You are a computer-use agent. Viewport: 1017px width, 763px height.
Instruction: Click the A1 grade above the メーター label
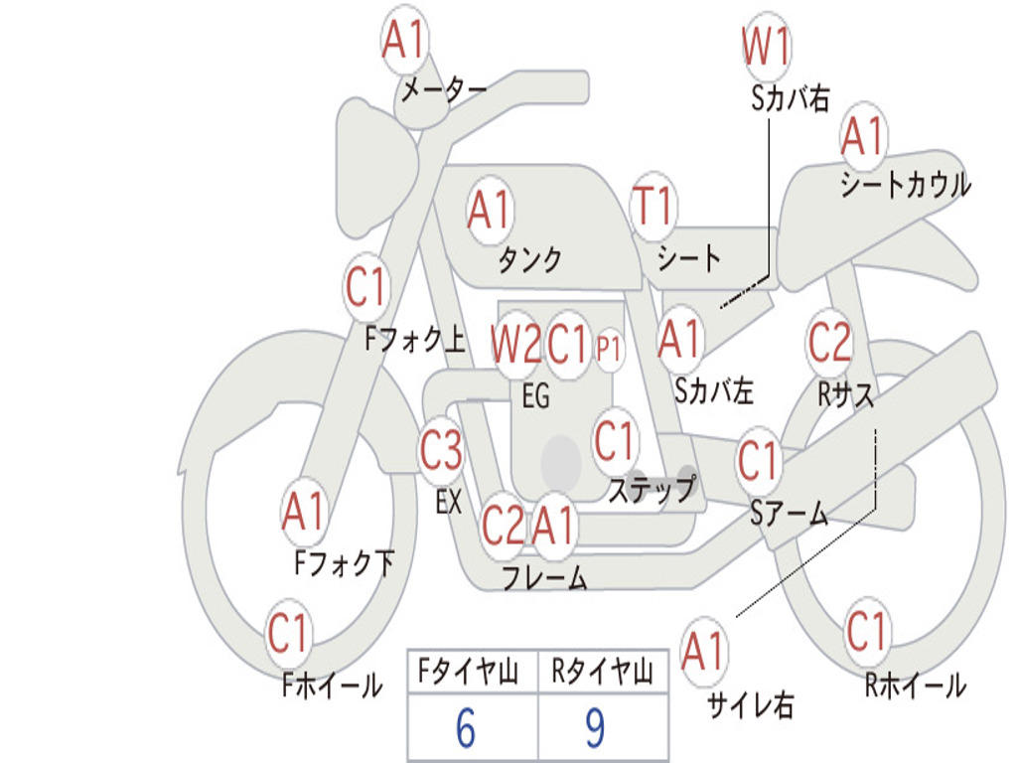tap(403, 40)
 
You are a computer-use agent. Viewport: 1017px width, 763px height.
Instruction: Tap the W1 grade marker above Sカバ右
tap(766, 46)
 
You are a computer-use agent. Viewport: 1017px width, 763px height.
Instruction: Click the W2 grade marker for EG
tap(516, 344)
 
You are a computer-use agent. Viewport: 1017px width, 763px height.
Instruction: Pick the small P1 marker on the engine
tap(609, 349)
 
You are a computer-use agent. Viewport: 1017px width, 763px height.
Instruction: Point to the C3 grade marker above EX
tap(441, 450)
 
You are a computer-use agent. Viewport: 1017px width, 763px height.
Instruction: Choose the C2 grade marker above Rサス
tap(829, 342)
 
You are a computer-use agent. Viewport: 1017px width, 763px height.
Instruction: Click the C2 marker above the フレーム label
tap(503, 525)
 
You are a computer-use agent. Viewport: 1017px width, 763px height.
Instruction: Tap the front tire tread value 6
tap(466, 728)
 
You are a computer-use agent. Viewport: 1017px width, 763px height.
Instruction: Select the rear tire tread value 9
tap(596, 728)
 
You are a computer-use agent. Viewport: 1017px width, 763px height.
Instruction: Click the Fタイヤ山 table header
tap(469, 671)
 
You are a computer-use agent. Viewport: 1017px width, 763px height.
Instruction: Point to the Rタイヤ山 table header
tap(603, 671)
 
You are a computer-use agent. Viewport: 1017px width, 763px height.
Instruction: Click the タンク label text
tap(530, 259)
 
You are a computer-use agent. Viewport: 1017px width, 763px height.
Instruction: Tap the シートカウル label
tap(906, 184)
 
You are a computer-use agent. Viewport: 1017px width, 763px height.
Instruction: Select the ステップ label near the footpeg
tap(653, 489)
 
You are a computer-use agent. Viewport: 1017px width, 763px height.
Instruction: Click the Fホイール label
tap(332, 686)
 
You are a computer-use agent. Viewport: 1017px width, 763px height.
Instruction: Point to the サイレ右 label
tap(751, 704)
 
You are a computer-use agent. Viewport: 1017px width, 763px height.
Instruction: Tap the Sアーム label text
tap(790, 514)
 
